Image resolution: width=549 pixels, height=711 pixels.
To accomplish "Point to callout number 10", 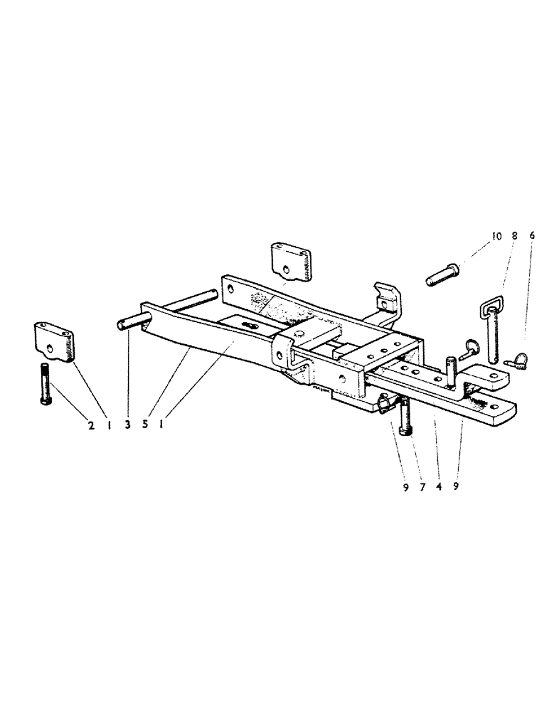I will tap(496, 235).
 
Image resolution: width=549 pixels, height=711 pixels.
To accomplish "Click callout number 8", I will tap(514, 235).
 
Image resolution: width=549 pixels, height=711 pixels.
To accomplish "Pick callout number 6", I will tap(532, 235).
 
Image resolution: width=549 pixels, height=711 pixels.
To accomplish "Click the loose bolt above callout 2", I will tap(46, 384).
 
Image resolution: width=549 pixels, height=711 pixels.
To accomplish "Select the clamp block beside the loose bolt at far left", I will tap(55, 341).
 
